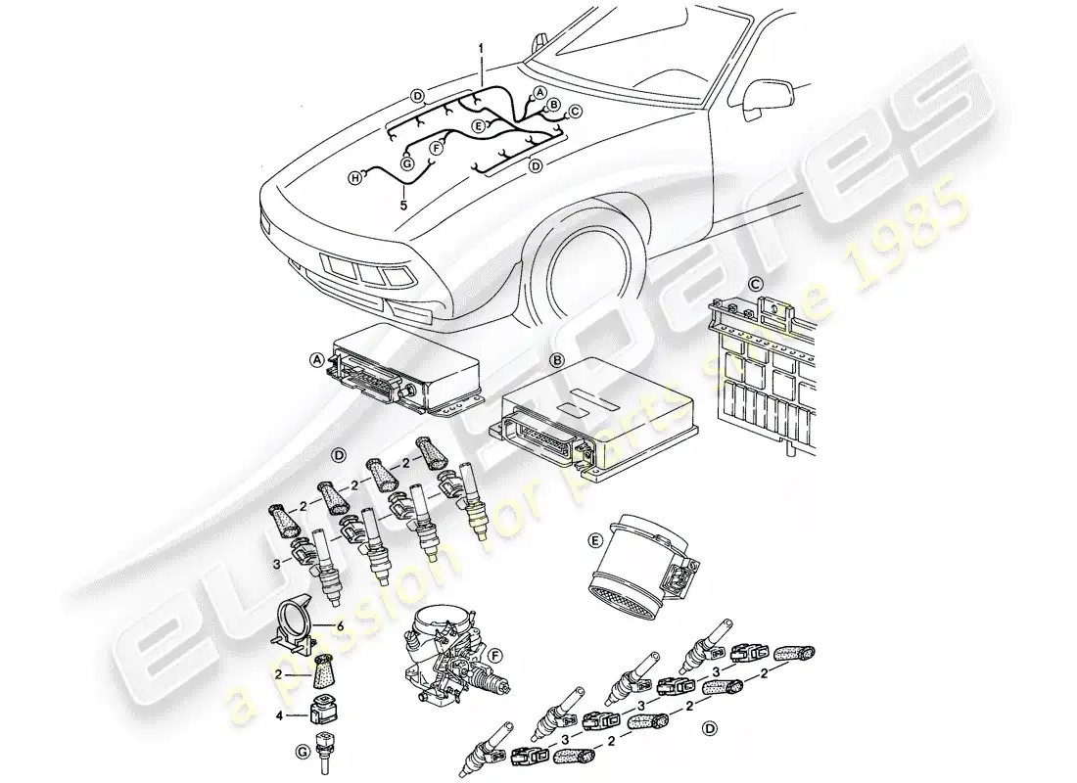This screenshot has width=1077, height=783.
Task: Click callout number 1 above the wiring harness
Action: (x=480, y=47)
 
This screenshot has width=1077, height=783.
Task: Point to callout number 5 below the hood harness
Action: (x=401, y=206)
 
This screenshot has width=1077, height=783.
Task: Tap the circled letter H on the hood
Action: (x=357, y=177)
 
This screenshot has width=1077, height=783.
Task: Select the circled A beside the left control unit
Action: (x=316, y=360)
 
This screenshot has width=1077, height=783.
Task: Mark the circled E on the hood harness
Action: (x=478, y=126)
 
